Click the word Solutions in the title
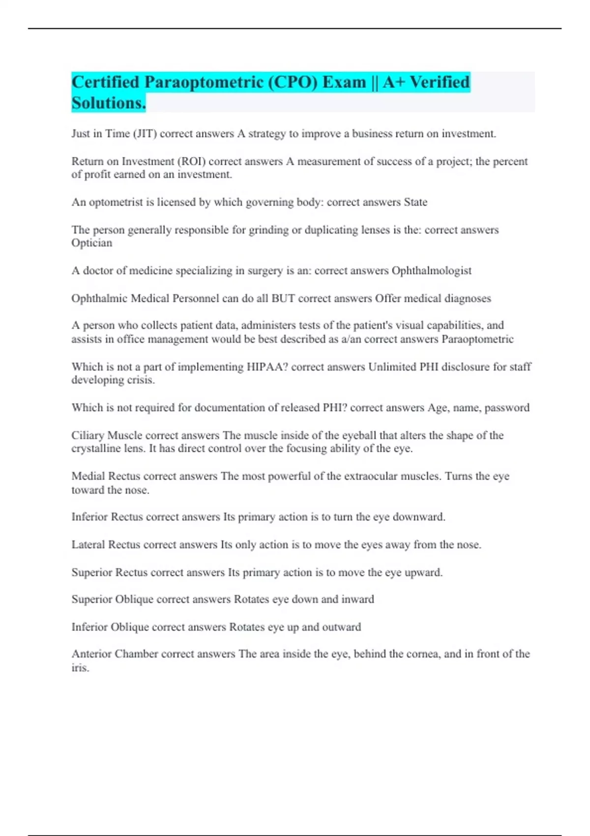tap(108, 103)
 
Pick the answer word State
tap(415, 202)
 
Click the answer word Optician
tap(92, 243)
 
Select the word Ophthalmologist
tap(431, 270)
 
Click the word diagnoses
tap(468, 298)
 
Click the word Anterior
tap(91, 654)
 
